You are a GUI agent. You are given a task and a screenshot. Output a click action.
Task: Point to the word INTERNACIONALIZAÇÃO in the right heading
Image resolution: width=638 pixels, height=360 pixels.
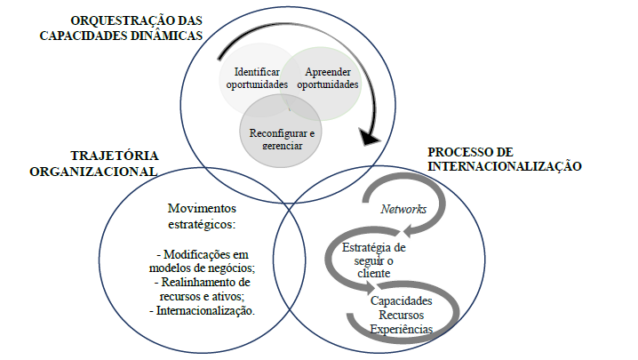(505, 165)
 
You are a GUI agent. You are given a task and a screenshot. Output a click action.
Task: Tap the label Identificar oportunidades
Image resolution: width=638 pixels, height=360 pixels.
(257, 78)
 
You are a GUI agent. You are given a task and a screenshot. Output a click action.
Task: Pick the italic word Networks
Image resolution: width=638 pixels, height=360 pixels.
(403, 209)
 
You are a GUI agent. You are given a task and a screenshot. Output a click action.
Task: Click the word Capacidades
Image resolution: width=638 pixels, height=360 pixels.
(403, 301)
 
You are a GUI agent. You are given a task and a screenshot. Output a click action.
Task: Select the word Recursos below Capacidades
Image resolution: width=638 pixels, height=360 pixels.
(402, 316)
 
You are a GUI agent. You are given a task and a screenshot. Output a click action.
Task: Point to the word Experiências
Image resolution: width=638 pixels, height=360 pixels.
(402, 330)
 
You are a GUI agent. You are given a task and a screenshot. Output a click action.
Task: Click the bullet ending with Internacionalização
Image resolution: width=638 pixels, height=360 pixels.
(202, 310)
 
